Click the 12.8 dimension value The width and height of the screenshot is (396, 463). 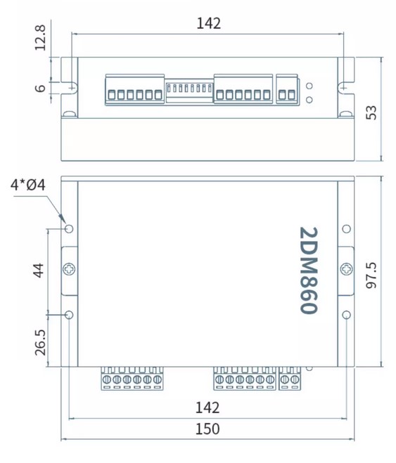40,38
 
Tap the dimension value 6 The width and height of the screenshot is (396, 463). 40,88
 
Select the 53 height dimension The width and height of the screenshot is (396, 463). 371,112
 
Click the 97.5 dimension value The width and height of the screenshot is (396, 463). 371,275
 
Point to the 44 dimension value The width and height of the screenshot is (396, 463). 39,270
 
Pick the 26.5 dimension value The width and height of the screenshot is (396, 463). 40,343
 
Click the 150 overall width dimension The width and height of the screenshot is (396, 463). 207,429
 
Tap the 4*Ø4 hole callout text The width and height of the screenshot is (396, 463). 28,185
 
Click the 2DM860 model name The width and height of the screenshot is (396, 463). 309,270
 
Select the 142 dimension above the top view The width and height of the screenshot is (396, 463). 209,23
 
